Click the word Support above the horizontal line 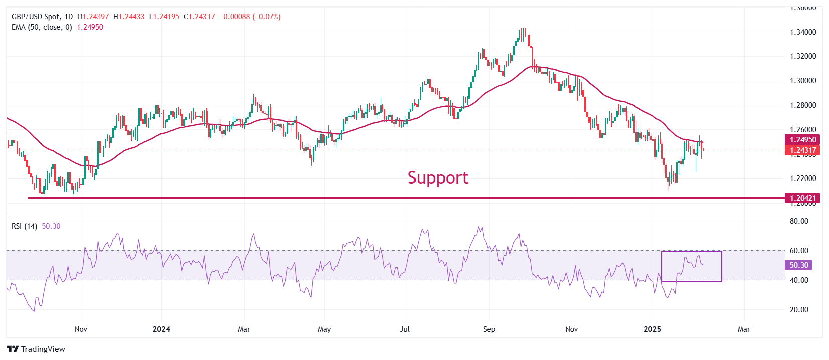click(x=438, y=177)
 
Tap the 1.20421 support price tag click(x=803, y=198)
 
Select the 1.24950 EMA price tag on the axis click(x=803, y=140)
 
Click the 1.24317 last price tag click(x=803, y=150)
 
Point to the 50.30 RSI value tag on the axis click(x=798, y=265)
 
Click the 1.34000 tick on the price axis click(x=803, y=32)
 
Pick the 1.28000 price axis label click(x=803, y=105)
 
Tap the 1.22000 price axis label click(x=803, y=178)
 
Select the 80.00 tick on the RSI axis click(x=799, y=221)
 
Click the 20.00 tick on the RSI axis click(x=799, y=310)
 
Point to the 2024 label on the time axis click(x=161, y=329)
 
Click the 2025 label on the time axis click(x=652, y=329)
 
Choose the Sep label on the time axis click(x=489, y=329)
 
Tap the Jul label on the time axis click(x=405, y=329)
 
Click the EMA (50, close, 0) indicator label click(x=42, y=27)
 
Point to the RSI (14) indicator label click(x=24, y=226)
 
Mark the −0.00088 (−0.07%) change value click(x=250, y=17)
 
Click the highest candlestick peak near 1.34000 click(x=523, y=29)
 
